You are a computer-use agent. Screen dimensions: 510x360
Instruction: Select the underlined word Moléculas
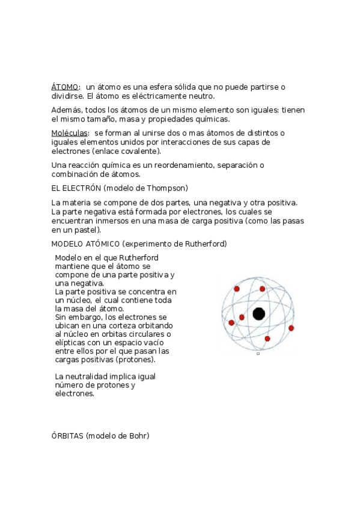coord(70,133)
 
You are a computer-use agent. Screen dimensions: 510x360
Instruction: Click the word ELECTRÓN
coord(76,188)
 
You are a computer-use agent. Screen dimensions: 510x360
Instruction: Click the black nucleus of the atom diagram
coord(259,313)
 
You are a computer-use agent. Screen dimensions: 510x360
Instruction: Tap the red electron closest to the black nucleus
coord(242,317)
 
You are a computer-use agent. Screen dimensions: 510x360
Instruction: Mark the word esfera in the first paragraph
coord(144,87)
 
